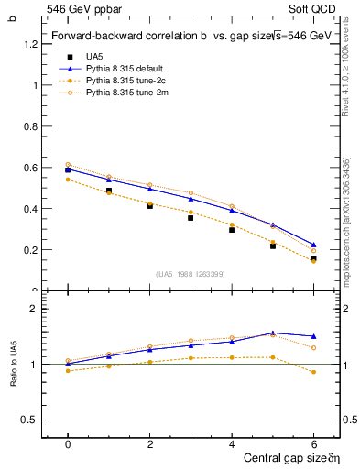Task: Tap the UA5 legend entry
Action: click(x=95, y=57)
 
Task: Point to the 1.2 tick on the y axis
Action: click(x=32, y=44)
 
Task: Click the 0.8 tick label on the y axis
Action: click(x=32, y=126)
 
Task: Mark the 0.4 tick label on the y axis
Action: click(x=32, y=209)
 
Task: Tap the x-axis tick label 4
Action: click(x=232, y=443)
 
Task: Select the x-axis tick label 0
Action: click(x=68, y=443)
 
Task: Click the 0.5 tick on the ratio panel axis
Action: click(x=32, y=420)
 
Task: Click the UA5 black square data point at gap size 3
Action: click(x=191, y=217)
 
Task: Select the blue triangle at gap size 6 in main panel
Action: click(x=313, y=245)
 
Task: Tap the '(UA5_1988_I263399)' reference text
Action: click(x=191, y=273)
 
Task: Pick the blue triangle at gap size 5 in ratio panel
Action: click(x=272, y=333)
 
